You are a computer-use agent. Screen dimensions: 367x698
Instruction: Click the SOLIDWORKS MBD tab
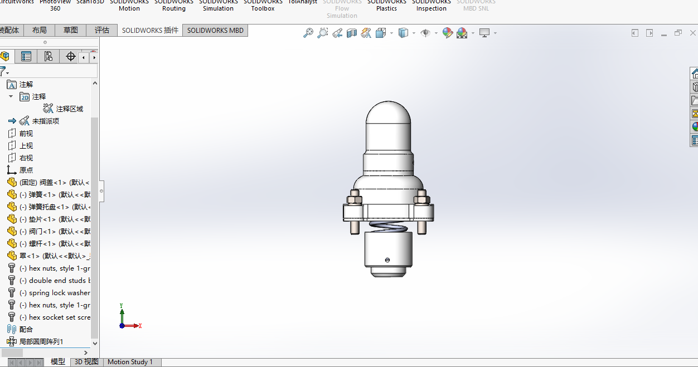(x=215, y=31)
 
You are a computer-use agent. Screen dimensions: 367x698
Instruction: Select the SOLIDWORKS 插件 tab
(x=150, y=31)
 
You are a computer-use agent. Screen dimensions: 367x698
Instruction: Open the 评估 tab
(x=102, y=31)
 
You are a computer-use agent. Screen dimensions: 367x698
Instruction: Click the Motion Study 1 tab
(x=130, y=362)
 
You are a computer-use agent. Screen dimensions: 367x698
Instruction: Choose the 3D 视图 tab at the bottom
(x=86, y=362)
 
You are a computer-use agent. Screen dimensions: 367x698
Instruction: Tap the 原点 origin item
(x=26, y=170)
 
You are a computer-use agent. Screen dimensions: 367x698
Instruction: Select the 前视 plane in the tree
(x=26, y=134)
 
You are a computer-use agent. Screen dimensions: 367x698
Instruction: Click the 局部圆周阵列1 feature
(x=41, y=342)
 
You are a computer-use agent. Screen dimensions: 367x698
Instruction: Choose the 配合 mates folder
(x=26, y=330)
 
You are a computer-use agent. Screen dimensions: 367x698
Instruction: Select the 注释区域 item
(x=69, y=109)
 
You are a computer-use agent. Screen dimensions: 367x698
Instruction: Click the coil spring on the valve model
(x=388, y=226)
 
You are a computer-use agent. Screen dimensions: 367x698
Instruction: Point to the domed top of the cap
(x=388, y=111)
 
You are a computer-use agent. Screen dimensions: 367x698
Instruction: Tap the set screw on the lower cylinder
(x=387, y=260)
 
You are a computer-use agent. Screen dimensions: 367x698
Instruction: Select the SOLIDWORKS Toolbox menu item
(x=263, y=6)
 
